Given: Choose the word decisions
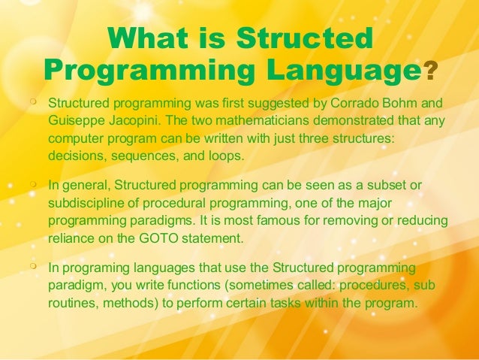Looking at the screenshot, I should coord(73,156).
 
